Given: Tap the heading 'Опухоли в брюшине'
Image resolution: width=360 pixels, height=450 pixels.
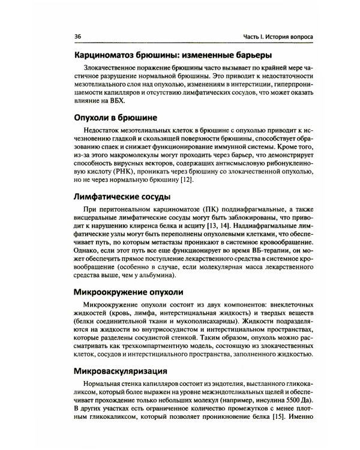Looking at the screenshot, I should pyautogui.click(x=116, y=118).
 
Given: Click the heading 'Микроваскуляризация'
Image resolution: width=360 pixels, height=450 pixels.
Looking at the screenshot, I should pyautogui.click(x=120, y=370).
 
